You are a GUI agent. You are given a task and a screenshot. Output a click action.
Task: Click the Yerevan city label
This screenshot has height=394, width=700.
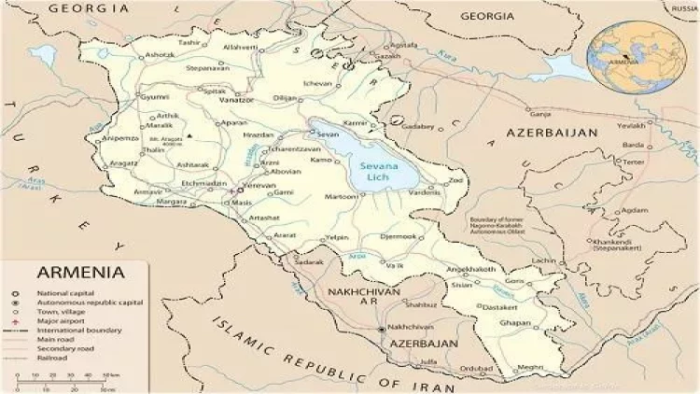(x=258, y=184)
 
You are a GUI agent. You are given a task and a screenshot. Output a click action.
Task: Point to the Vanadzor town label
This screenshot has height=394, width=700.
(x=235, y=99)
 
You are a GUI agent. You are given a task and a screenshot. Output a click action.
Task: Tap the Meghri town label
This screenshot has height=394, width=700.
(x=531, y=368)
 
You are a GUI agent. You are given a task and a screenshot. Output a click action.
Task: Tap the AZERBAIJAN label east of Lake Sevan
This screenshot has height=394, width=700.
(x=552, y=134)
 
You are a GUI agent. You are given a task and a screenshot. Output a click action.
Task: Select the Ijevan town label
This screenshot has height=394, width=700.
(x=318, y=84)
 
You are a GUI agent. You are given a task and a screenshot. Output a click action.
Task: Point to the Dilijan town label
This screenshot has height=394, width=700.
(x=284, y=98)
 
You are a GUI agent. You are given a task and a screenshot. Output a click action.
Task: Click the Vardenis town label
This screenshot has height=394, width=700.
(x=424, y=192)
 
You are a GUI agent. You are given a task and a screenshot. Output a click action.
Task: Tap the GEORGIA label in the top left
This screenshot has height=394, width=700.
(x=89, y=7)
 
